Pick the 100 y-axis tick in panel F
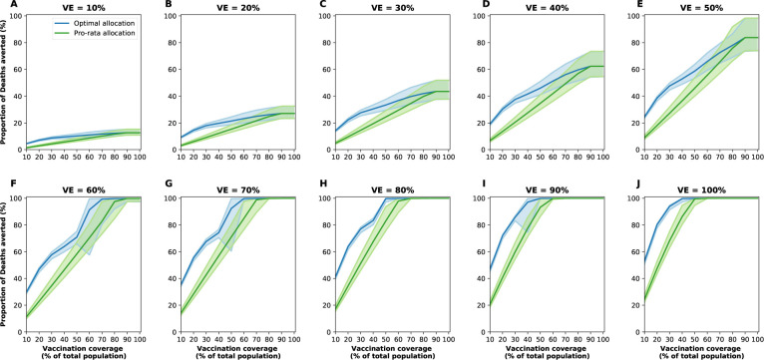[x=16, y=197]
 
